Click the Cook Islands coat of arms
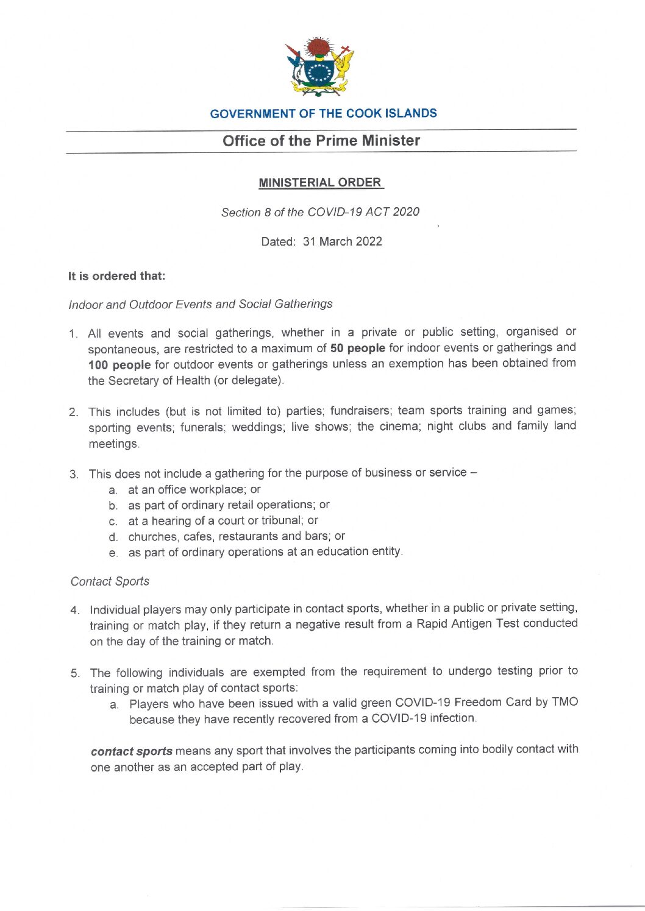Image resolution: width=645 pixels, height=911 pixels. (x=320, y=67)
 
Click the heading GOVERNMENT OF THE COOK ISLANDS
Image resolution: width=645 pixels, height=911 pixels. (x=323, y=113)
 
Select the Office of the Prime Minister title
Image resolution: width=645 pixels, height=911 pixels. (x=321, y=141)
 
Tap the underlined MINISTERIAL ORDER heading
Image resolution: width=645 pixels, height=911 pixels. (x=321, y=183)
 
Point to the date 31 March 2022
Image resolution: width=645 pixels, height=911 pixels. (x=342, y=241)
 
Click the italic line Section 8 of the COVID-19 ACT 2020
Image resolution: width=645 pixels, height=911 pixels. (x=320, y=212)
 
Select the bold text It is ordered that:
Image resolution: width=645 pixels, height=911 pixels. (x=116, y=276)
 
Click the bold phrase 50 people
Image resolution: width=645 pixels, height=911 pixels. (x=357, y=348)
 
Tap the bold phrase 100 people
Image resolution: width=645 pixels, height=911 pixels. (x=119, y=365)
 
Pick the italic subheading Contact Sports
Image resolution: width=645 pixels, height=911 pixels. (x=110, y=581)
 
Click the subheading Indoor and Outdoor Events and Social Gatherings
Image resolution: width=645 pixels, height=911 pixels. (x=201, y=304)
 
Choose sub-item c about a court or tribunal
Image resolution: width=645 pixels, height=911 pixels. (x=223, y=521)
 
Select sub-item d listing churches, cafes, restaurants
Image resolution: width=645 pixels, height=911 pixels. (x=236, y=537)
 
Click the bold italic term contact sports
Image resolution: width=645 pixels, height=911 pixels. (x=131, y=751)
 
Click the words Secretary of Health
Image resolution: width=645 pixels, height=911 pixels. (x=159, y=381)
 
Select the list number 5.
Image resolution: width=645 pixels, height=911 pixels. (x=75, y=673)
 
